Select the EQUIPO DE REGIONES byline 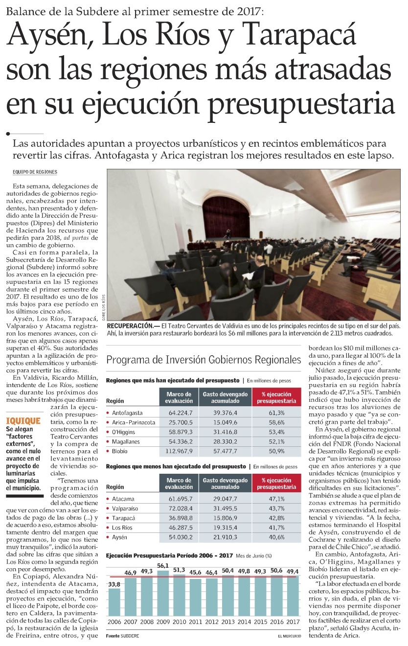(35, 172)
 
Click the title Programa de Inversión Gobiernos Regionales (204, 360)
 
